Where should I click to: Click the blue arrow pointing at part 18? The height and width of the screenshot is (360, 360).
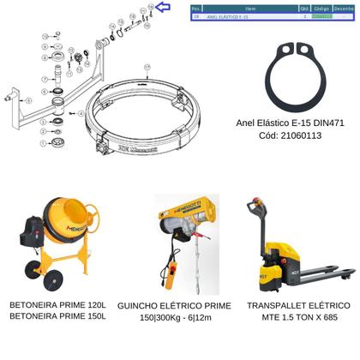[x=164, y=8]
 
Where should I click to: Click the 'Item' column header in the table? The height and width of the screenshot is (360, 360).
[x=249, y=8]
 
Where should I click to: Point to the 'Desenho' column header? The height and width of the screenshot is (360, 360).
[x=343, y=8]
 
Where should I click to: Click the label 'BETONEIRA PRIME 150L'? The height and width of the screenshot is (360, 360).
[x=57, y=316]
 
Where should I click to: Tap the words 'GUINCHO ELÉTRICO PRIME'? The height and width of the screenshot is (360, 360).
[x=174, y=305]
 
